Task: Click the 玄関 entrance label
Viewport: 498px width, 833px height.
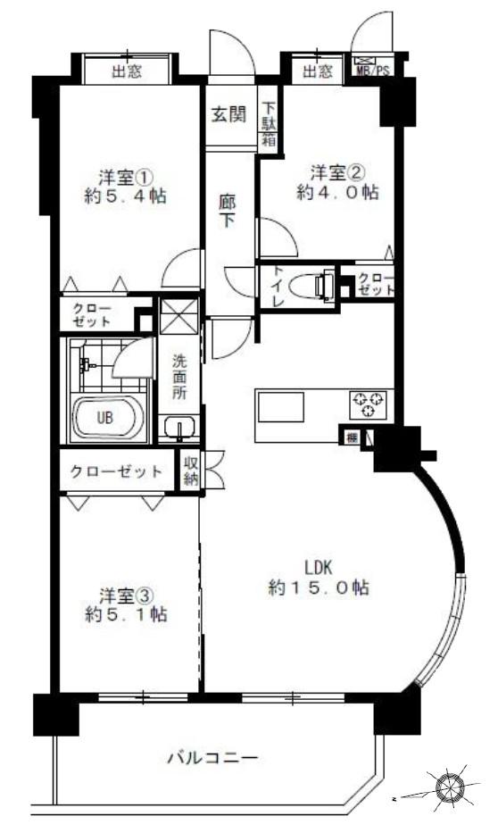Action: pos(229,115)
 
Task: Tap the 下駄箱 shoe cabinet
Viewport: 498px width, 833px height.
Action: pos(268,125)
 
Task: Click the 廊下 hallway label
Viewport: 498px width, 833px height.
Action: pos(228,211)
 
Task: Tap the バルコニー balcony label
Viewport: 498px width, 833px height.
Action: pos(213,758)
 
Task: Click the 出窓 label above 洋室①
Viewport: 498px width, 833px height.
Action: pos(126,71)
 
